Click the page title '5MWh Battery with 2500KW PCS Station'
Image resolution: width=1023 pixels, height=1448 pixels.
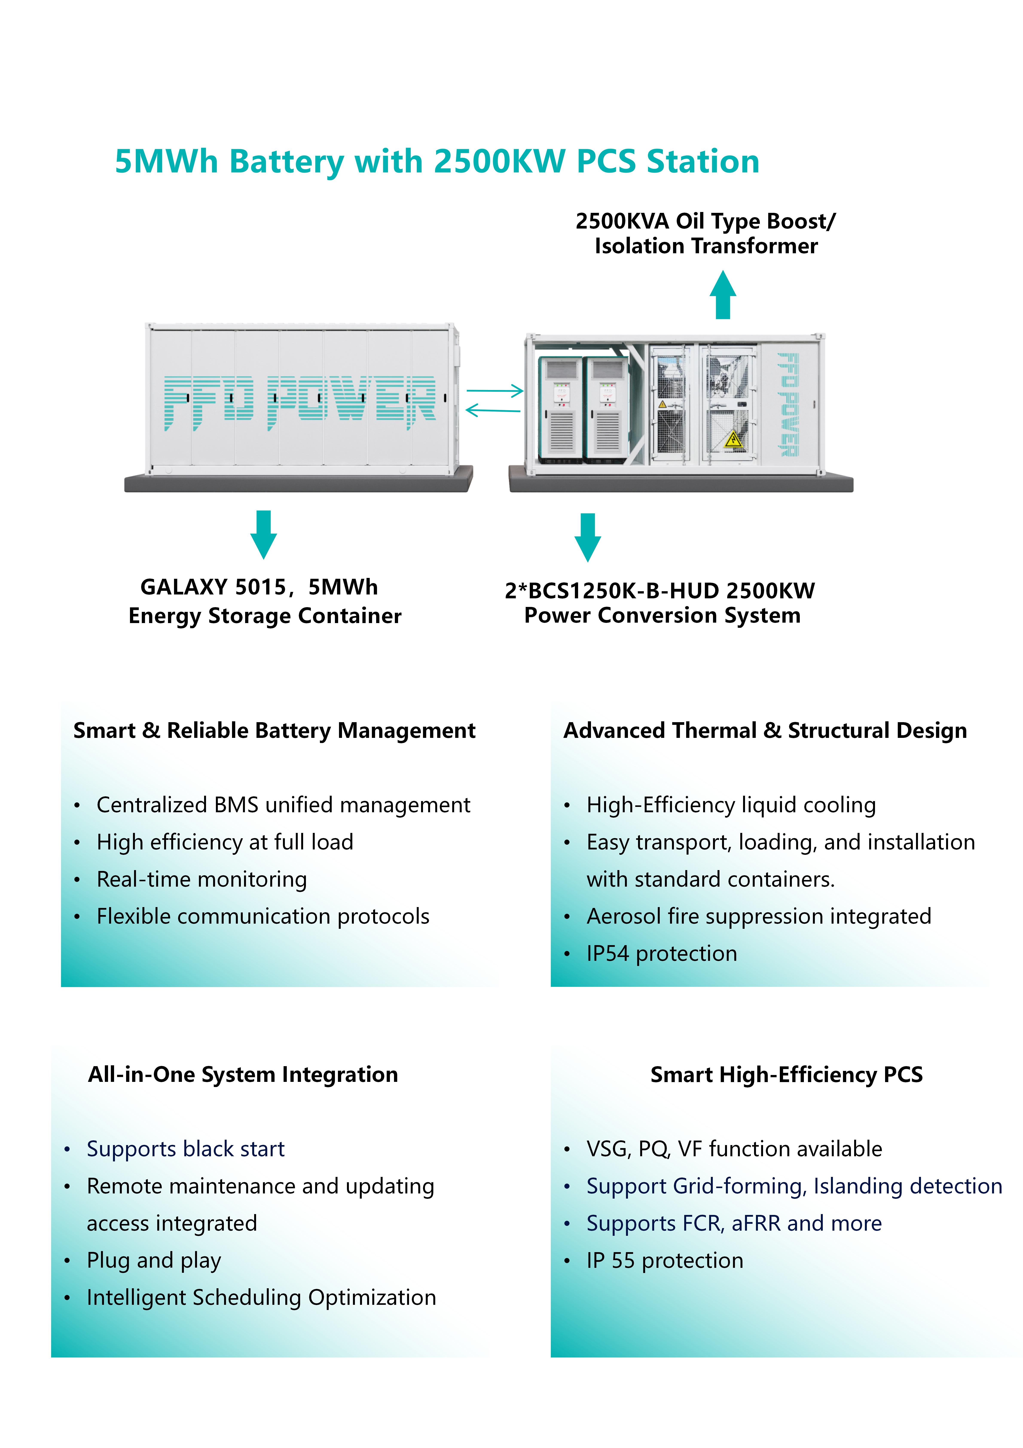pyautogui.click(x=437, y=161)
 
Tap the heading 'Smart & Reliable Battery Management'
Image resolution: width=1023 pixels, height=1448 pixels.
pyautogui.click(x=274, y=730)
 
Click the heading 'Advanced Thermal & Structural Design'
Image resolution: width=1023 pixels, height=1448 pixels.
pyautogui.click(x=765, y=730)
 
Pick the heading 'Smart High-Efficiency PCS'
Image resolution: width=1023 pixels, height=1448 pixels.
pyautogui.click(x=787, y=1074)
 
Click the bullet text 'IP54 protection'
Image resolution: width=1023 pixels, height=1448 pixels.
pyautogui.click(x=662, y=953)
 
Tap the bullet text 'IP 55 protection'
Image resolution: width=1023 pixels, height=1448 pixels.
pyautogui.click(x=665, y=1260)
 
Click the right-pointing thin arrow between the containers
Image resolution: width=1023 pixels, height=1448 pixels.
pyautogui.click(x=495, y=391)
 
